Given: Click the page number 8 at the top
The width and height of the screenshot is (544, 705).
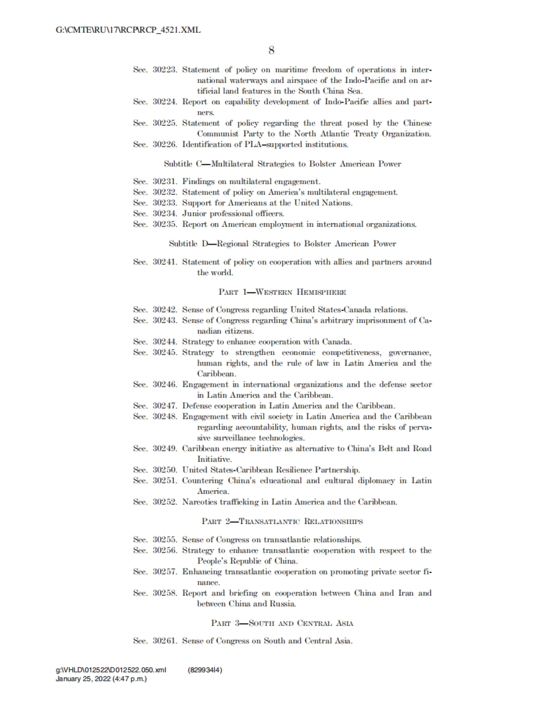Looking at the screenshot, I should (x=271, y=50).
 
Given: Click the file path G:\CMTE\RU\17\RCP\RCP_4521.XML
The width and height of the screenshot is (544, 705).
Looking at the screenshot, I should (x=128, y=30).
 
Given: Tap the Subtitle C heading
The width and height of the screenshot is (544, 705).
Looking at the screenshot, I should (x=282, y=164).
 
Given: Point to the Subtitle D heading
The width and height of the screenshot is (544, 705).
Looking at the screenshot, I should (x=282, y=243).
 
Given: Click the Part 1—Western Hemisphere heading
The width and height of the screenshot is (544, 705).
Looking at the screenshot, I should (x=282, y=292).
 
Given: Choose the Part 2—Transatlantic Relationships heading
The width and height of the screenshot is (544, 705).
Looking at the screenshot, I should (x=282, y=521).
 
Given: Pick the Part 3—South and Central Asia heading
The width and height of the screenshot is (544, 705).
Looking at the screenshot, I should (x=282, y=622).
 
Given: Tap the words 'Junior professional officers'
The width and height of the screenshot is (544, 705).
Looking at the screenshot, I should (x=233, y=214).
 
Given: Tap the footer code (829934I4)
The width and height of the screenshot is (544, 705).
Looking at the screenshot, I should (x=204, y=670).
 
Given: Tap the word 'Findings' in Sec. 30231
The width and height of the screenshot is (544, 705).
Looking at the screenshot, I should (x=199, y=182).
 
